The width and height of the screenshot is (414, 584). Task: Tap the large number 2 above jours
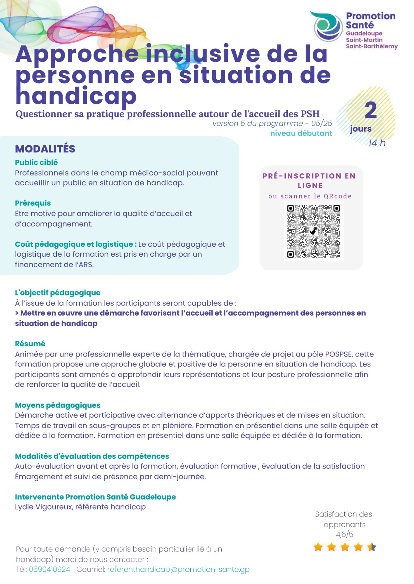pyautogui.click(x=371, y=110)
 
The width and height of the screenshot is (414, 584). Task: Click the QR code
pyautogui.click(x=313, y=231)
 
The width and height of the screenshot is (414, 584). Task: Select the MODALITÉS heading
pyautogui.click(x=45, y=149)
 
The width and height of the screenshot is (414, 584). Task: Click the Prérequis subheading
pyautogui.click(x=33, y=203)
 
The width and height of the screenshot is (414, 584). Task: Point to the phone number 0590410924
pyautogui.click(x=49, y=569)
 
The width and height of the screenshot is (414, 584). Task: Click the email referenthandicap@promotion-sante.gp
pyautogui.click(x=178, y=569)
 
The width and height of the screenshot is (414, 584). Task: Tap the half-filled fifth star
pyautogui.click(x=372, y=547)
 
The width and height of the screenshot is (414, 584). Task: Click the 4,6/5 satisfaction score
pyautogui.click(x=344, y=534)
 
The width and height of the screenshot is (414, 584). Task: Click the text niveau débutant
pyautogui.click(x=301, y=133)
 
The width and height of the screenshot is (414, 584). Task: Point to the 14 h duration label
pyautogui.click(x=377, y=143)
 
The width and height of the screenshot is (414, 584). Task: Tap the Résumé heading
pyautogui.click(x=30, y=344)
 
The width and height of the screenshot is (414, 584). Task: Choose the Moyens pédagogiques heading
pyautogui.click(x=58, y=405)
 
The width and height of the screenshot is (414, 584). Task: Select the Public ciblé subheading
pyautogui.click(x=36, y=162)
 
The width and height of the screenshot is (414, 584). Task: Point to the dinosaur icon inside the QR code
pyautogui.click(x=313, y=231)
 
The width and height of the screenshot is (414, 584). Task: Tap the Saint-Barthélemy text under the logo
pyautogui.click(x=372, y=46)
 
